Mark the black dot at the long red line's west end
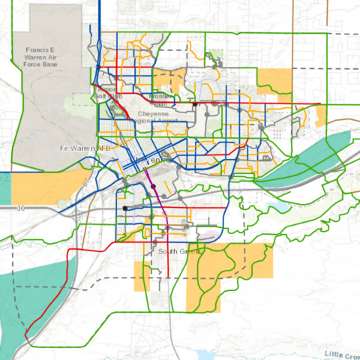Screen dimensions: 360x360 [194, 105]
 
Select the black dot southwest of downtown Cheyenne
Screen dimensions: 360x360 [126, 208]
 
